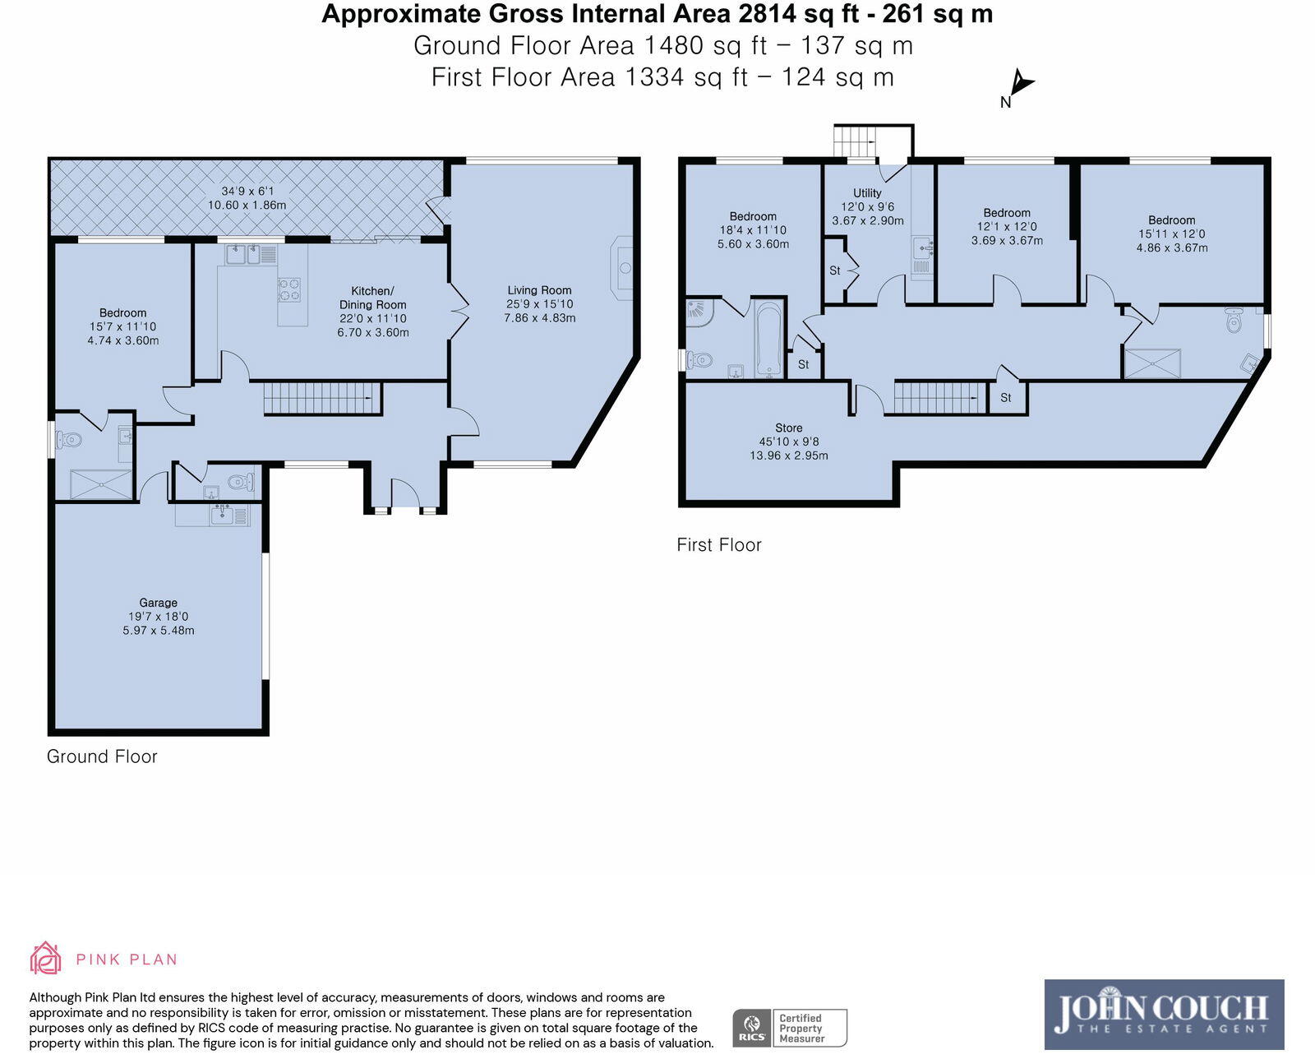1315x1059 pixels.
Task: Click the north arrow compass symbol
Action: coord(1020,85)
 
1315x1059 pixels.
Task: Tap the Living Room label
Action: coord(539,290)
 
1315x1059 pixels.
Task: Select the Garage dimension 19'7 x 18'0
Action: coord(158,617)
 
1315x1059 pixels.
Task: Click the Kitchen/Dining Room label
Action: coord(372,298)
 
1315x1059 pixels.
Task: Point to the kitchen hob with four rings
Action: coord(289,289)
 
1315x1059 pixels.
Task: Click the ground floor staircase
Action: coord(322,399)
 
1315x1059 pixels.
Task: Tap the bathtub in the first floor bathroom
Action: coord(769,339)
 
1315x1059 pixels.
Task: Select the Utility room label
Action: coord(867,193)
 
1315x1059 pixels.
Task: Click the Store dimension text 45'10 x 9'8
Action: coord(788,442)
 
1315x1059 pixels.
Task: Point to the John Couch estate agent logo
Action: coord(1164,1014)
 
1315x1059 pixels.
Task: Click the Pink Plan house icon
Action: coord(45,959)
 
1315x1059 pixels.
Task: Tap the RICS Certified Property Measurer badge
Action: coord(789,1028)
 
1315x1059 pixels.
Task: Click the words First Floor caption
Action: coord(718,545)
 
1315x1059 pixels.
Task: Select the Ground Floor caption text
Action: coord(102,756)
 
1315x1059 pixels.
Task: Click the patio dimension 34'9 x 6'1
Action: coord(247,191)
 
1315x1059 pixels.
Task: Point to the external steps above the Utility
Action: coord(856,141)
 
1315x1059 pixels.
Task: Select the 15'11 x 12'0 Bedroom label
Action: coord(1171,234)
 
